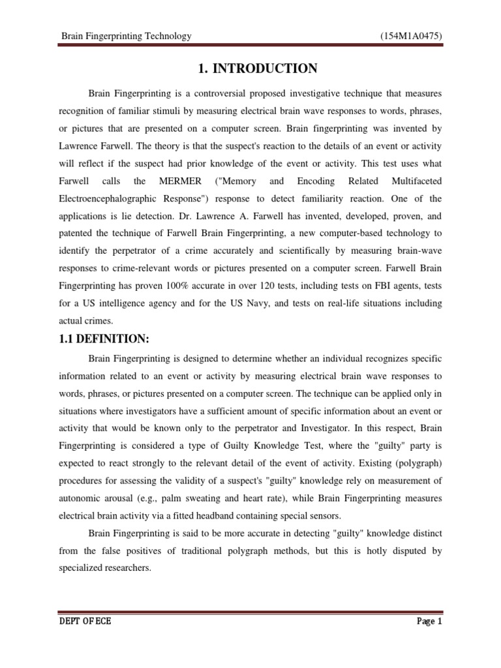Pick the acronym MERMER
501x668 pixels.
(x=174, y=181)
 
